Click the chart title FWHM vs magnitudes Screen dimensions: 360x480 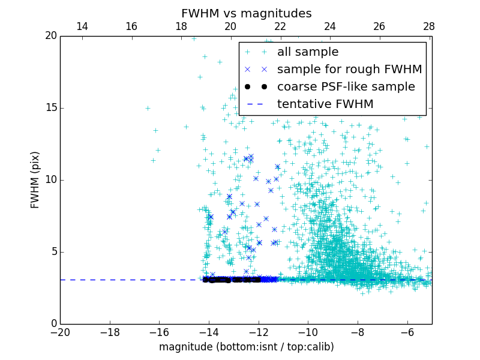tap(246, 13)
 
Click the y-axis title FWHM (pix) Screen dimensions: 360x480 tap(35, 179)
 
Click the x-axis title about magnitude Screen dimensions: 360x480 tap(246, 347)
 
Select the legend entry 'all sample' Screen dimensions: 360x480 tap(307, 52)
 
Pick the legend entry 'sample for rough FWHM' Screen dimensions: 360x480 tap(349, 70)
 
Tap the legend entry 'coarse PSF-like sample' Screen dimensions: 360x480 tap(346, 87)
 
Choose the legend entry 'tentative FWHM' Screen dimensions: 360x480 tap(325, 104)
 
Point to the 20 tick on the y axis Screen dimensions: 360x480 tap(50, 36)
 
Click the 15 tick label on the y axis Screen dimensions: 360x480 tap(50, 108)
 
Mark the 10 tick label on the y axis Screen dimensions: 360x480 tap(50, 180)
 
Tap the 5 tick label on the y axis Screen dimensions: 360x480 tap(53, 252)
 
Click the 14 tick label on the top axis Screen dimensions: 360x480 tap(82, 26)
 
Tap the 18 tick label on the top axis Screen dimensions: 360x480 tap(181, 26)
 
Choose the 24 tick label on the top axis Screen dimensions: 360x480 tap(330, 26)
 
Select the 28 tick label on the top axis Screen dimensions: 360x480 tap(429, 26)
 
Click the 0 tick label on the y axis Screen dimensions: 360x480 tap(53, 324)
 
